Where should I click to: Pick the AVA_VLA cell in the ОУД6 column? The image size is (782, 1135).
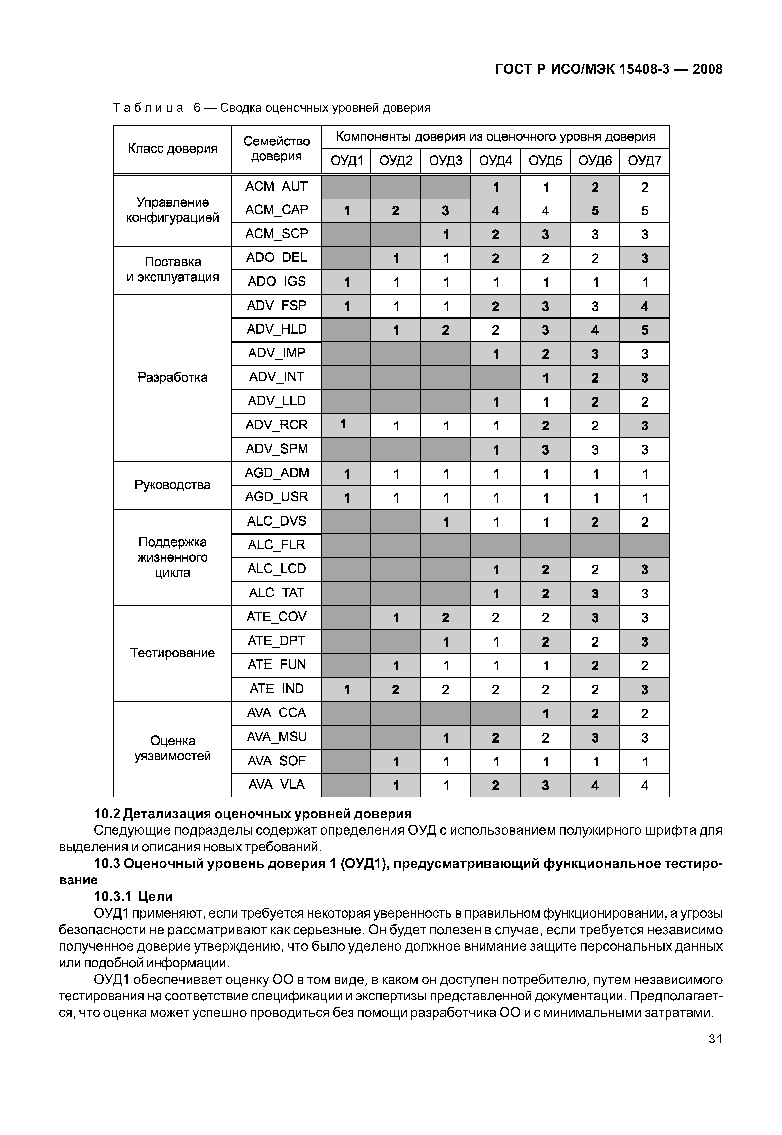pos(594,785)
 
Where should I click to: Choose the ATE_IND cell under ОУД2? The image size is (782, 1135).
pos(395,690)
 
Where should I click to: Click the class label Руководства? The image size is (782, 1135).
pos(172,485)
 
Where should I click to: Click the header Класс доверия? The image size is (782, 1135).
pos(172,148)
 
